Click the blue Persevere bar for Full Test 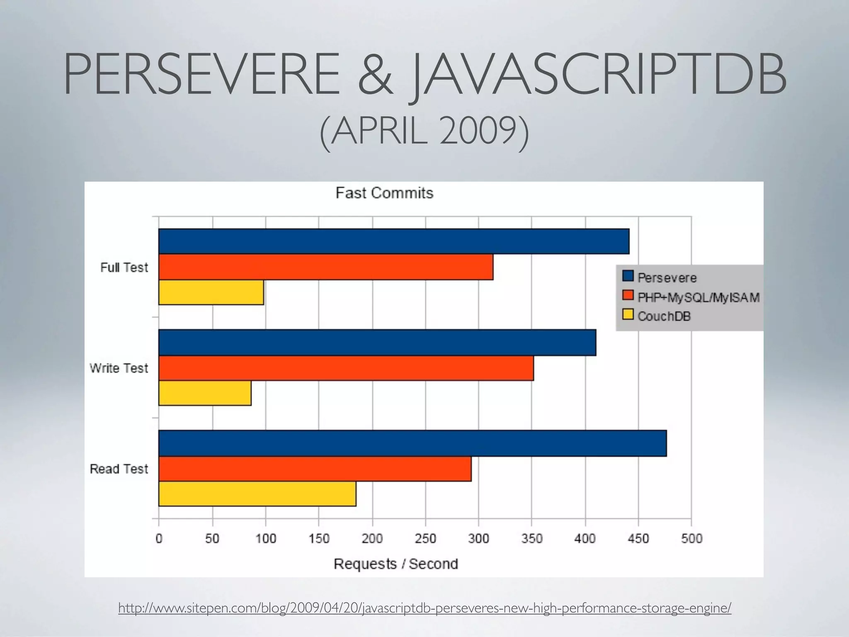tap(394, 241)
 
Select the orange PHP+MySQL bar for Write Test tap(346, 368)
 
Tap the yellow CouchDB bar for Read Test tap(257, 494)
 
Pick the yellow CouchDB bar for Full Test tap(211, 292)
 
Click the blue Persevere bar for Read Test tap(412, 443)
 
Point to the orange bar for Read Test tap(315, 469)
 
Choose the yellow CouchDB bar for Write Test tap(205, 393)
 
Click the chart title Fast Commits tap(384, 193)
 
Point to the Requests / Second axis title tap(395, 564)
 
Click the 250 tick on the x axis tap(425, 539)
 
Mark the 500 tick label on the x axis tap(691, 539)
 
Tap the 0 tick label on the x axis tap(159, 539)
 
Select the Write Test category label tap(119, 368)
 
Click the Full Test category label tap(124, 267)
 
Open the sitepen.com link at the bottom tap(424, 608)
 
